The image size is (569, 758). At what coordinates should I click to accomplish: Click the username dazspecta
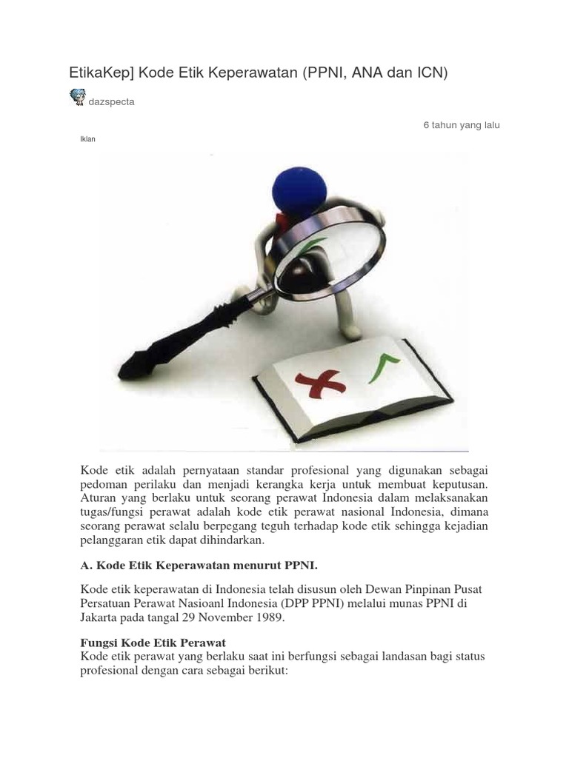point(112,102)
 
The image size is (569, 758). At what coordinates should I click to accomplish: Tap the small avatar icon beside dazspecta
point(77,97)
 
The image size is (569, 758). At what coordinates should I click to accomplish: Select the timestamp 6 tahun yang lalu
point(462,125)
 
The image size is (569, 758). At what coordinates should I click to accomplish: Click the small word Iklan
point(87,139)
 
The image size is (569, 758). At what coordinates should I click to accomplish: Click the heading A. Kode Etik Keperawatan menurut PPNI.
point(199,566)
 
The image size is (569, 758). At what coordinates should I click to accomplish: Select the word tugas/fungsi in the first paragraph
point(110,512)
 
